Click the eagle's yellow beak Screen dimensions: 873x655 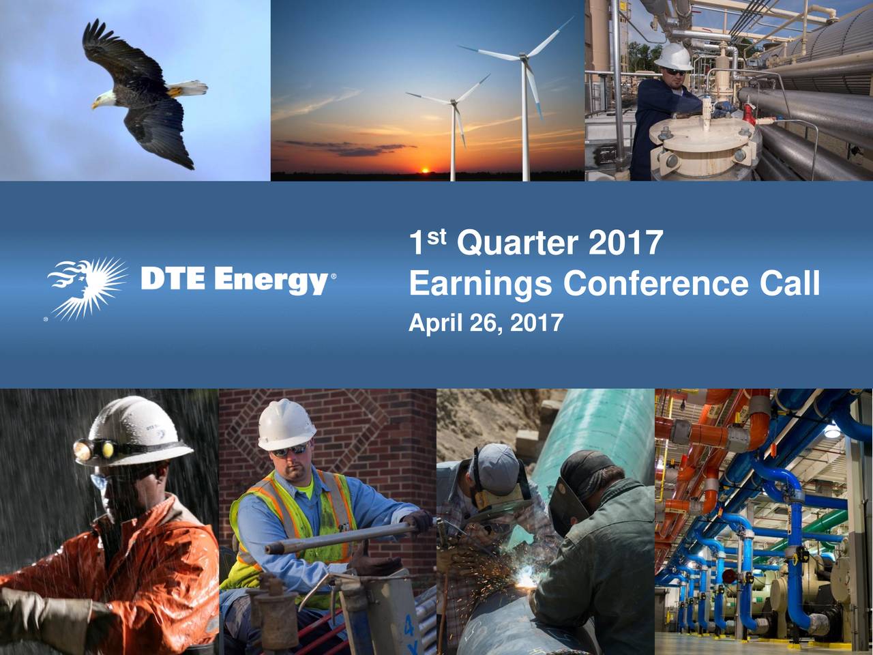click(95, 105)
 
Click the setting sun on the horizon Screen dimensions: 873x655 click(425, 171)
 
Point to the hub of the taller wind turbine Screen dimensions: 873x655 click(523, 59)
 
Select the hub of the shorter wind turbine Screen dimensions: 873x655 click(453, 102)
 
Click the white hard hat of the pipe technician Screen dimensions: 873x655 click(674, 56)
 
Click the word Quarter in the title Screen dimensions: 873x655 click(518, 244)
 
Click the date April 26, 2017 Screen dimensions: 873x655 click(486, 323)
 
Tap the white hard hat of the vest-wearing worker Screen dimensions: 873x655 click(286, 425)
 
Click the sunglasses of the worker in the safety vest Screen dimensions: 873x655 click(291, 450)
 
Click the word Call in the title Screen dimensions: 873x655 click(790, 283)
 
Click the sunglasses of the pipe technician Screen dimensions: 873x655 click(675, 72)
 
